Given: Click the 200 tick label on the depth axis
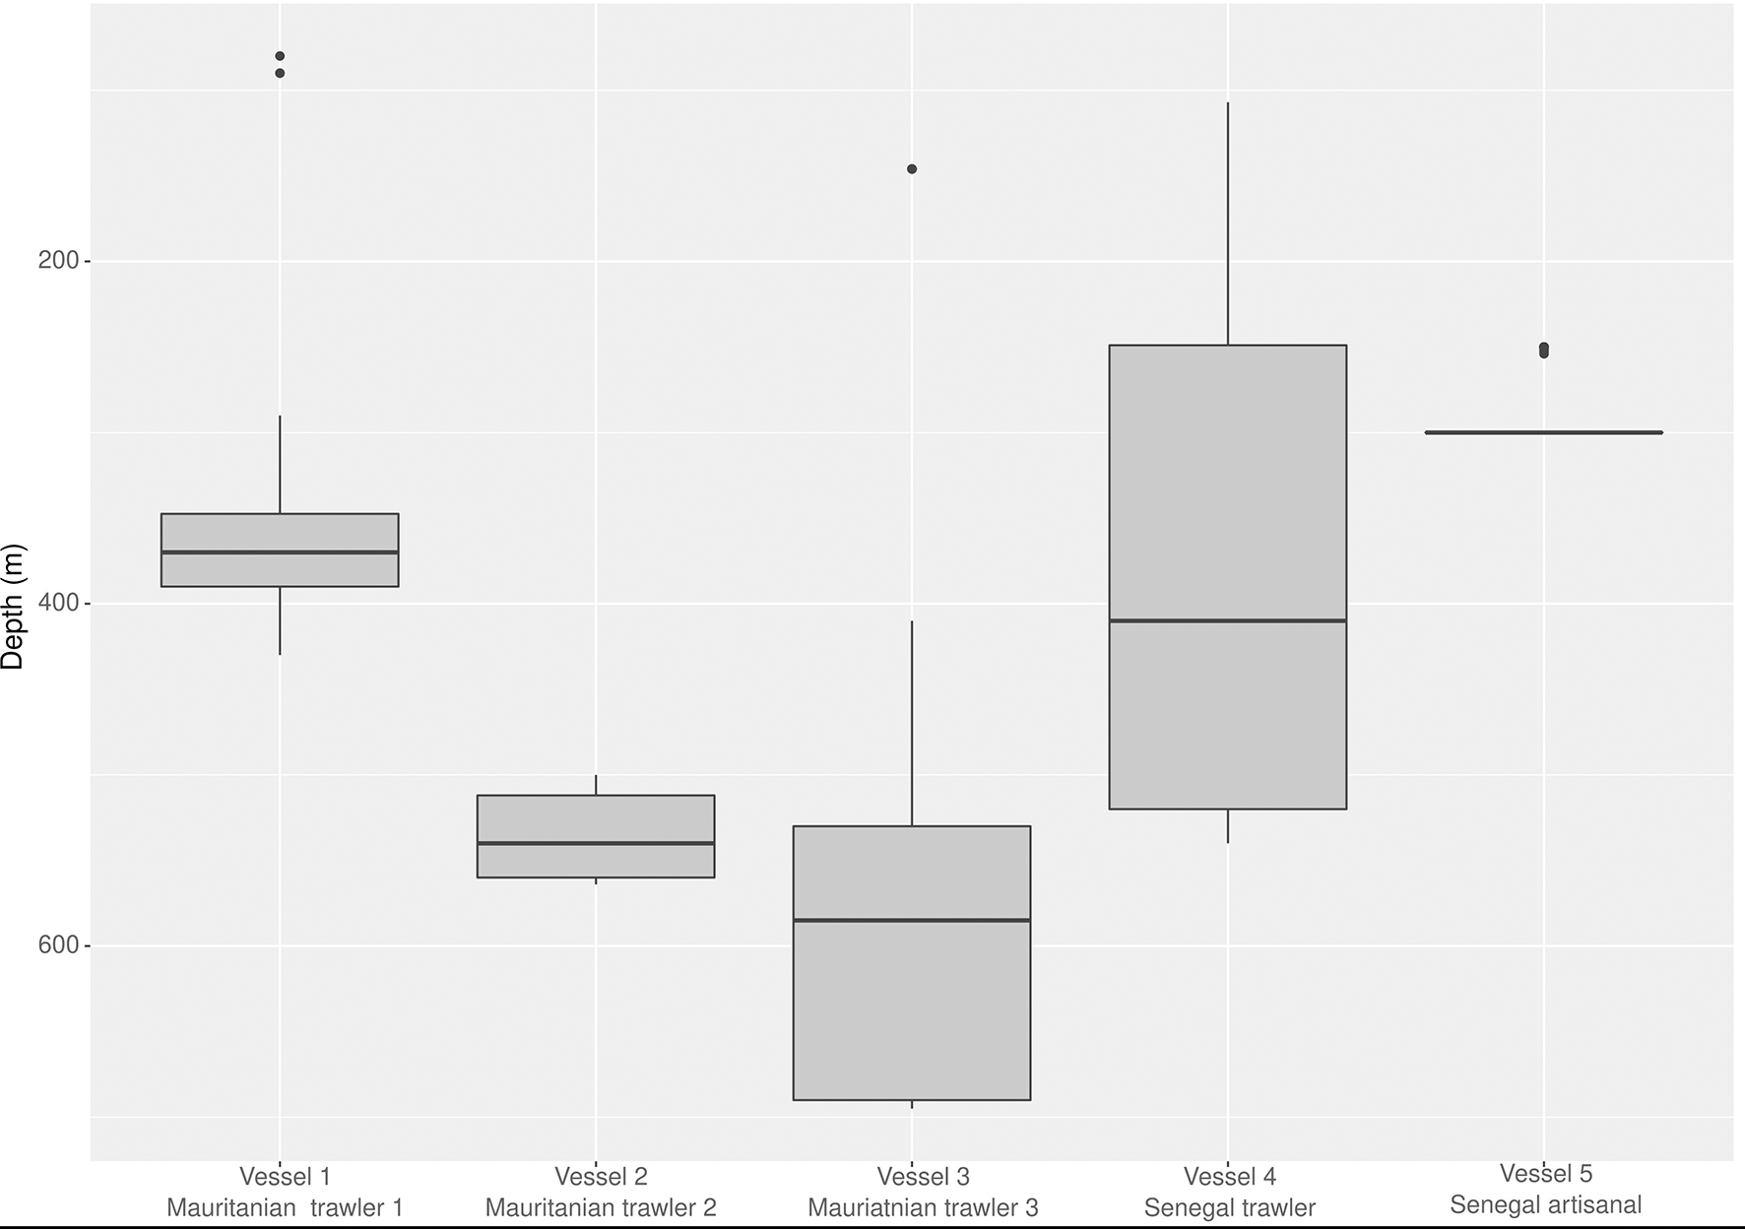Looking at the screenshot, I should click(57, 261).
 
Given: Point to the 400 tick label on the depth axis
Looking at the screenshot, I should click(57, 603).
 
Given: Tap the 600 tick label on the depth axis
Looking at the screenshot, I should click(57, 945).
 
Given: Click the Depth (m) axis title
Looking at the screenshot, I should click(13, 608).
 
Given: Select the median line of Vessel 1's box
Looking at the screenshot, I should click(280, 552).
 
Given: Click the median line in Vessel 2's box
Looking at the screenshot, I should click(596, 843).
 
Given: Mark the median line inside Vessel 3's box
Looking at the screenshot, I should click(912, 920).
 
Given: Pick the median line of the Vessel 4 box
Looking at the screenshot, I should click(1228, 620).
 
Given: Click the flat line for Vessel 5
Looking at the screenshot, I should click(1543, 432).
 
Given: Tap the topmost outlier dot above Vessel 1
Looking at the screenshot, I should click(280, 56).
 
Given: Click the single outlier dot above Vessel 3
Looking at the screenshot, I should click(912, 169).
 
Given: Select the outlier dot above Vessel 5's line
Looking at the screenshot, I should click(1543, 350).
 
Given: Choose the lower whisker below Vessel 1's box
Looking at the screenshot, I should click(280, 620).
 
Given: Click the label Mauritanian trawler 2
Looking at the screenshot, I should click(601, 1207).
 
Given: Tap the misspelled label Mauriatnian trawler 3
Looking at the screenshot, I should click(923, 1207).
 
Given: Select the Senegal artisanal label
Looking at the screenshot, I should click(1545, 1204).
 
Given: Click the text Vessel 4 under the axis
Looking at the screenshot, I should click(1229, 1176).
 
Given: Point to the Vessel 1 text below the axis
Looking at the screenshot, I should click(285, 1176).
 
